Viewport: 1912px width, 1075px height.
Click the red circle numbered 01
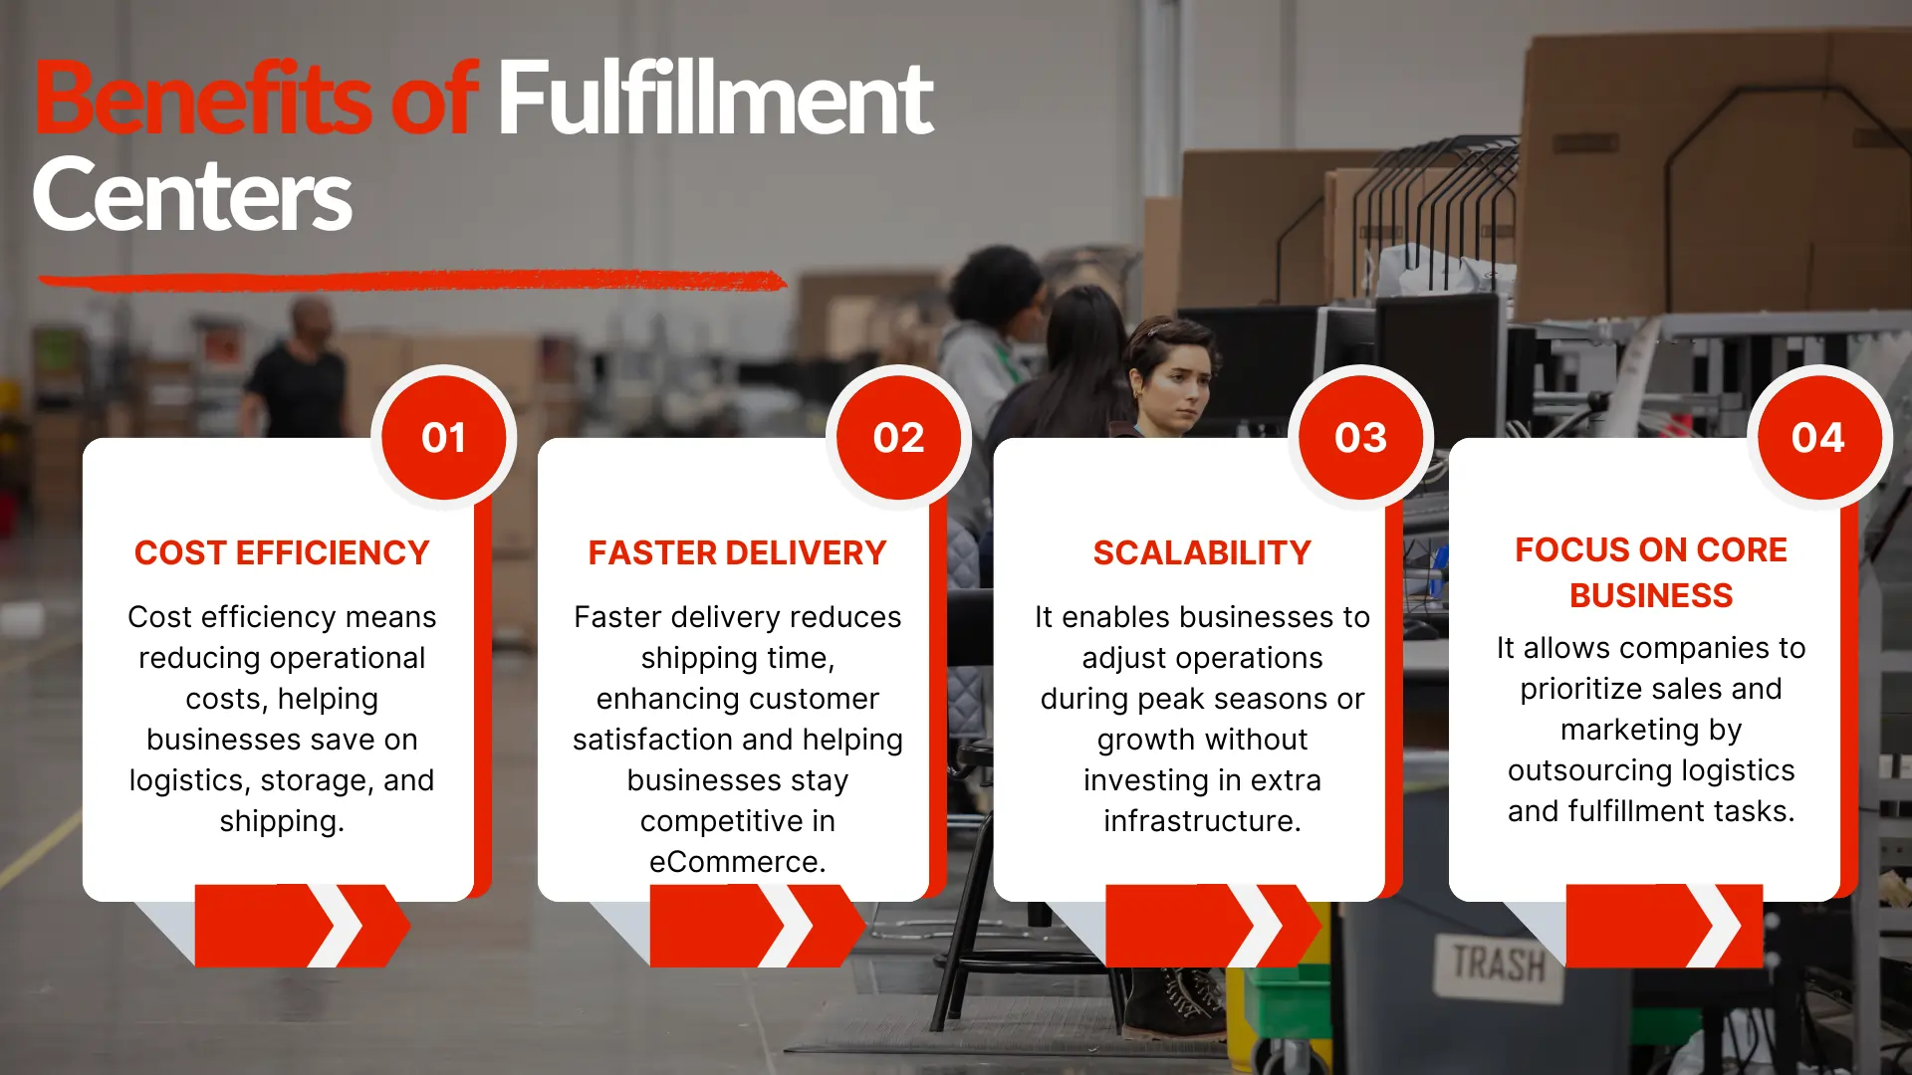[443, 438]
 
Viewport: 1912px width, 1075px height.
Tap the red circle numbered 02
[898, 438]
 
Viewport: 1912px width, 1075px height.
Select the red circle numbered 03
[1360, 438]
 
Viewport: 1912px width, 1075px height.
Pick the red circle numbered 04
[1817, 438]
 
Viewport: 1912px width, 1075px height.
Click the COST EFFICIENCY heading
[282, 552]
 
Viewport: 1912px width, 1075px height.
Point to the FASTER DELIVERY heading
[737, 552]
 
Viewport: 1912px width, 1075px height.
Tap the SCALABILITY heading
[1202, 552]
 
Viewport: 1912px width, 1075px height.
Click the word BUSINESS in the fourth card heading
[1651, 595]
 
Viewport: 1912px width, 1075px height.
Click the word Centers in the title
[192, 195]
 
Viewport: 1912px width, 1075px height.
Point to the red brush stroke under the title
[412, 281]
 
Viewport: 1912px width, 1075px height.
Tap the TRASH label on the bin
[1498, 964]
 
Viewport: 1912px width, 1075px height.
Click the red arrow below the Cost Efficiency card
[299, 926]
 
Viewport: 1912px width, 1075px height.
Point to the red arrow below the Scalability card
[1210, 926]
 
